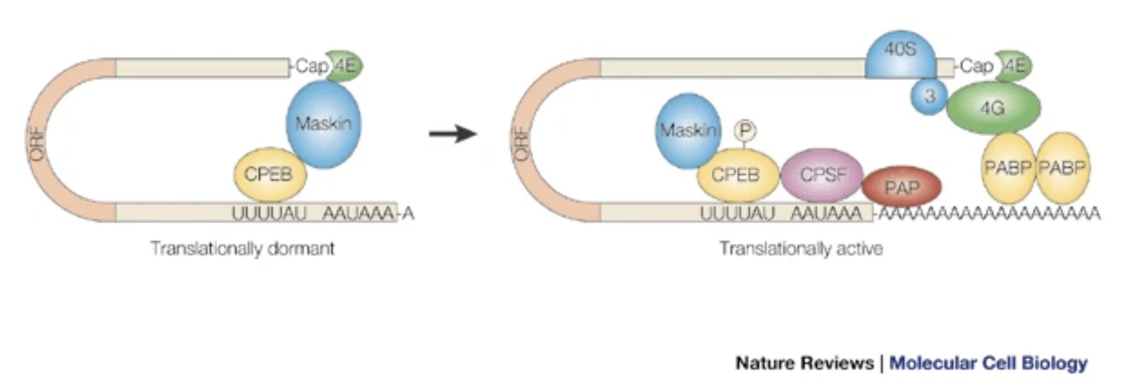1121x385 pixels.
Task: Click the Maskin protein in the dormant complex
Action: [x=323, y=124]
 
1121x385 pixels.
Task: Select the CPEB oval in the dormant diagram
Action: [x=269, y=174]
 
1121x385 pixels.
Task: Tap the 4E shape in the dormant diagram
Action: [x=345, y=66]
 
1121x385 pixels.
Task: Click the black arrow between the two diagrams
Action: [x=452, y=133]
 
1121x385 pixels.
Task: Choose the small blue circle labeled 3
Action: [x=929, y=97]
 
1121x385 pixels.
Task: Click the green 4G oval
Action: [x=993, y=108]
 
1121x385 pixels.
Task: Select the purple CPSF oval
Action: [x=822, y=175]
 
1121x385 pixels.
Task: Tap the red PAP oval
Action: [x=902, y=187]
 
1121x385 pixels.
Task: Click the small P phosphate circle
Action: [x=745, y=130]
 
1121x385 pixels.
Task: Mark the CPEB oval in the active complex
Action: [x=736, y=175]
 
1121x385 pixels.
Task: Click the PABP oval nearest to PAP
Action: [x=1008, y=168]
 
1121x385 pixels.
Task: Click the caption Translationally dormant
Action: [x=242, y=249]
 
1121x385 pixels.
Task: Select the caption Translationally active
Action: [x=801, y=249]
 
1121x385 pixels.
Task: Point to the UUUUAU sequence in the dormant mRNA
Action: [x=269, y=213]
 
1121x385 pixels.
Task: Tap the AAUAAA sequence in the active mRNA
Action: [x=826, y=213]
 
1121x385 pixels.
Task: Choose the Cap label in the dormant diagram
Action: [x=311, y=66]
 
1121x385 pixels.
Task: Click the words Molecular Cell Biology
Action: [x=988, y=363]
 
